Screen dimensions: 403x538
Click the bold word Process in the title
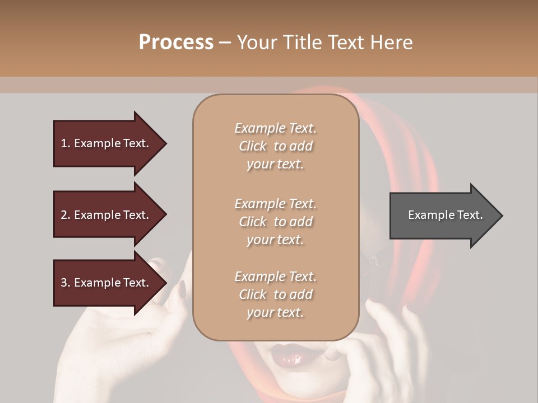[x=176, y=43]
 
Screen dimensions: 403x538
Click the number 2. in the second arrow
[x=66, y=215]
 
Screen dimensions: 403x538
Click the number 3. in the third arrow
[x=66, y=283]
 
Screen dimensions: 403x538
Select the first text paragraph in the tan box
[x=275, y=146]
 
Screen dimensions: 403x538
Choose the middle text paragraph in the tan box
[x=275, y=222]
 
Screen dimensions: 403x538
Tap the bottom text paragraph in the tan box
[x=275, y=294]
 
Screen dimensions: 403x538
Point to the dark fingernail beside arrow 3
[x=182, y=289]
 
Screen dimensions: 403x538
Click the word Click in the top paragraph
[x=253, y=146]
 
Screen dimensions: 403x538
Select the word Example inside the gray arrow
[x=428, y=215]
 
